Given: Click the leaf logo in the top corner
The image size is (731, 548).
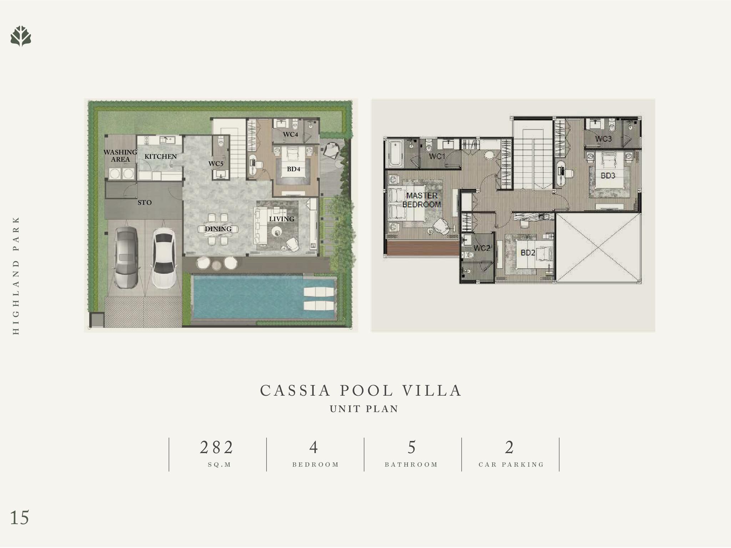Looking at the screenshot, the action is [21, 36].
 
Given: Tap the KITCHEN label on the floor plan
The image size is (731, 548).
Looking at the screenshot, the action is [161, 156].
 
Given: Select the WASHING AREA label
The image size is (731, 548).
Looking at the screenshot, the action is [120, 156].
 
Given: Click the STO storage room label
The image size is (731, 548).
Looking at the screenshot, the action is [145, 203].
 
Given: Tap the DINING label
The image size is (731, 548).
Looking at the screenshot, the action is [218, 229].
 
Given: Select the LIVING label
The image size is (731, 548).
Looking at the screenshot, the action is [282, 219].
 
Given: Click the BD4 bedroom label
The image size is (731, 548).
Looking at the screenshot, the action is [293, 169].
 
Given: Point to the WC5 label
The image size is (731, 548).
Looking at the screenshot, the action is [216, 164].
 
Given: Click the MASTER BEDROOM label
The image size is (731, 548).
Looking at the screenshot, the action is [422, 200].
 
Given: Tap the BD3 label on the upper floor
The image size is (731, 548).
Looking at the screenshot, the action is [608, 176].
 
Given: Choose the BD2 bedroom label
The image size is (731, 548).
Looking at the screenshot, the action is [528, 253].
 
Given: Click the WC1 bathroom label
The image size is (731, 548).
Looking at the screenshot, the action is [437, 156].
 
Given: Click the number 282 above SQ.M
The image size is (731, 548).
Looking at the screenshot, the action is [217, 447].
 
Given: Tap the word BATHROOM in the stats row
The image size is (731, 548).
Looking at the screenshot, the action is [411, 465].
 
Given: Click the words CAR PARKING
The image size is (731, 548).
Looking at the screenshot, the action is [511, 465].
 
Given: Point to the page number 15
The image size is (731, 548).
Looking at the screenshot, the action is [20, 518].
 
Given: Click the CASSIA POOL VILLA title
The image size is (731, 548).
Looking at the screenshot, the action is [361, 390].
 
